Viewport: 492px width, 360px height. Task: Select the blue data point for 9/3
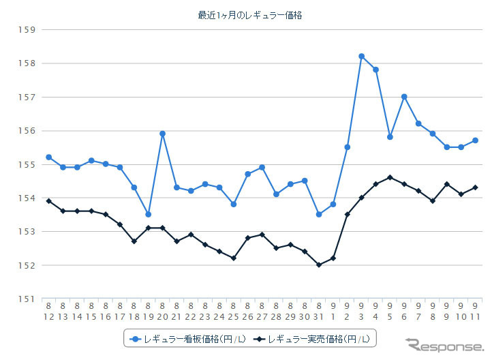[x=361, y=56]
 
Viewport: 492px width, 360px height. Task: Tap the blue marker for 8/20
[x=162, y=134]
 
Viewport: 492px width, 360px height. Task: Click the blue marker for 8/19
[x=149, y=214]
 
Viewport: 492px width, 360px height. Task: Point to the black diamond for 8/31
[x=318, y=265]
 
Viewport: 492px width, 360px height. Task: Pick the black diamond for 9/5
[x=390, y=177]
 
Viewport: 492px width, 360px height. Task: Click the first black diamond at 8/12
[x=49, y=200]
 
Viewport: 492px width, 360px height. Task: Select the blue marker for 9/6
[x=404, y=97]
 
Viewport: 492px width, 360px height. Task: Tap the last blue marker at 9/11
[x=475, y=140]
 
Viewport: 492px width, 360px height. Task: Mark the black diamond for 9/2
[x=347, y=214]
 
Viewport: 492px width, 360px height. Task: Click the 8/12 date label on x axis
[x=49, y=311]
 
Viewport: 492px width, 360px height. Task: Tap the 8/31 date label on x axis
[x=318, y=311]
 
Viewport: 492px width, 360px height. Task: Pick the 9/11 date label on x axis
[x=475, y=311]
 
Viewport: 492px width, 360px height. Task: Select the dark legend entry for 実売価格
[x=313, y=338]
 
